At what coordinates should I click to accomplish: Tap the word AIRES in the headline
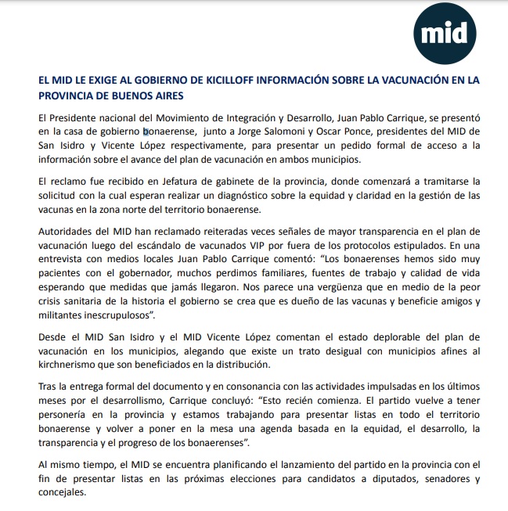tap(167, 95)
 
